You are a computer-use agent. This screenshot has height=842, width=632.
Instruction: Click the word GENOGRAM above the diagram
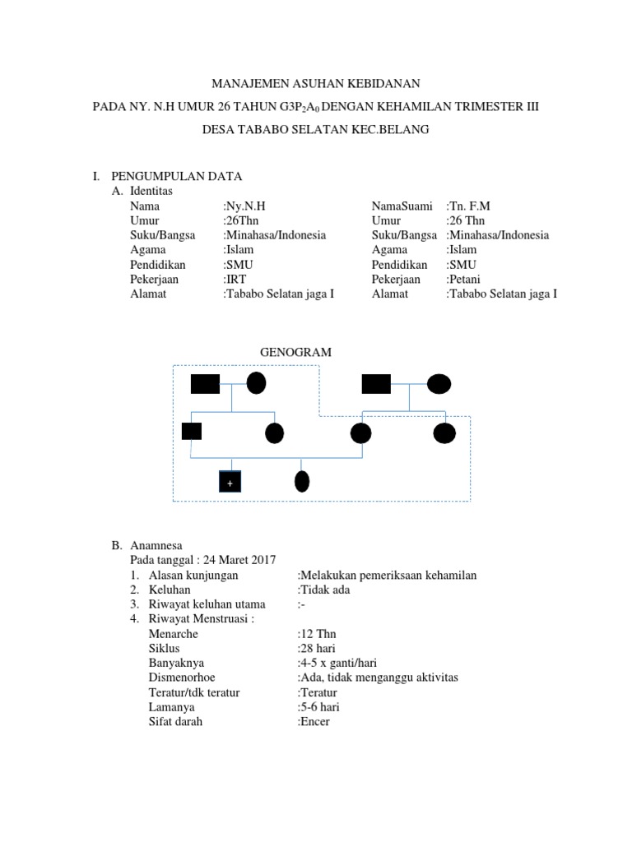tap(295, 352)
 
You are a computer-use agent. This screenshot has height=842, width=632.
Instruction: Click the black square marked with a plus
tap(230, 482)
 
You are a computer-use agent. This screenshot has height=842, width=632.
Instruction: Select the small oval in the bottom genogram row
tap(302, 481)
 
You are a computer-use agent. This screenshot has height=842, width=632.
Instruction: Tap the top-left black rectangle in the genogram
tap(205, 383)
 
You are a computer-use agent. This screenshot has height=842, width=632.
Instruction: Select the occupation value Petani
tap(466, 279)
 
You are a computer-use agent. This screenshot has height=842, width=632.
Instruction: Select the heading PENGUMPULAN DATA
tap(176, 176)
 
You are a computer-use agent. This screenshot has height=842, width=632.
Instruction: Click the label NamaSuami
tap(402, 206)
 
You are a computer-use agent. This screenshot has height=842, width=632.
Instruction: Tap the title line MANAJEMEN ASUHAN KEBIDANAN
tap(317, 83)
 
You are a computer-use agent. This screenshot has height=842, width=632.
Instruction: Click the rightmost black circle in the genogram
tap(444, 432)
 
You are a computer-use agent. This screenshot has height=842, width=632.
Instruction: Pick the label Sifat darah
tap(175, 722)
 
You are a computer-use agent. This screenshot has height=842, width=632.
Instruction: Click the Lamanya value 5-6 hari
tap(318, 707)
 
